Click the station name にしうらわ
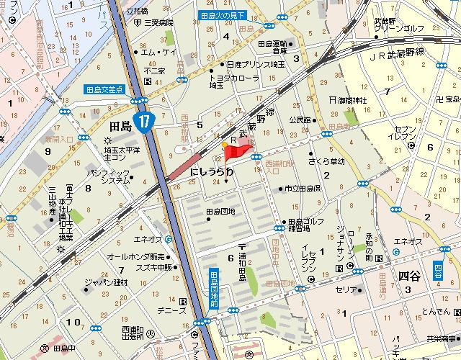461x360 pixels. point(212,173)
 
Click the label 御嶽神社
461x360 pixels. point(353,99)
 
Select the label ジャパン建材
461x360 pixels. point(106,282)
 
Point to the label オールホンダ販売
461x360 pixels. point(137,256)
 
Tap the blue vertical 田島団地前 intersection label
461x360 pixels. point(214,289)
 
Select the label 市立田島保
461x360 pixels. point(302,188)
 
